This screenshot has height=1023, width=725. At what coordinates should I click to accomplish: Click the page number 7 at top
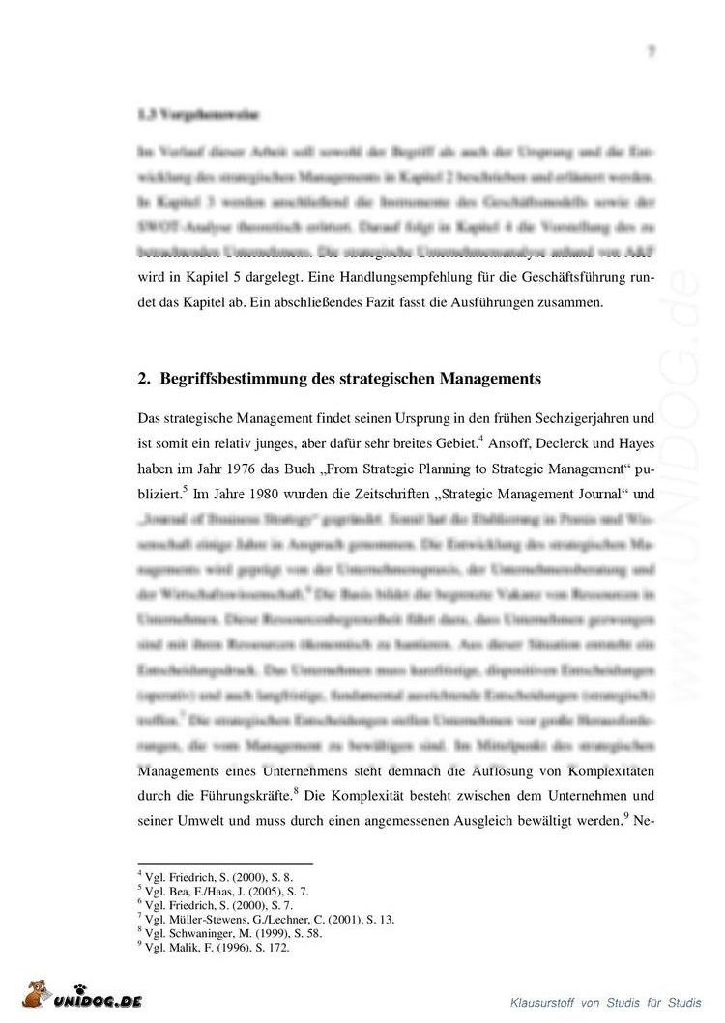652,52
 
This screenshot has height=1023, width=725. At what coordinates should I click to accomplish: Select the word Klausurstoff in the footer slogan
542,999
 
